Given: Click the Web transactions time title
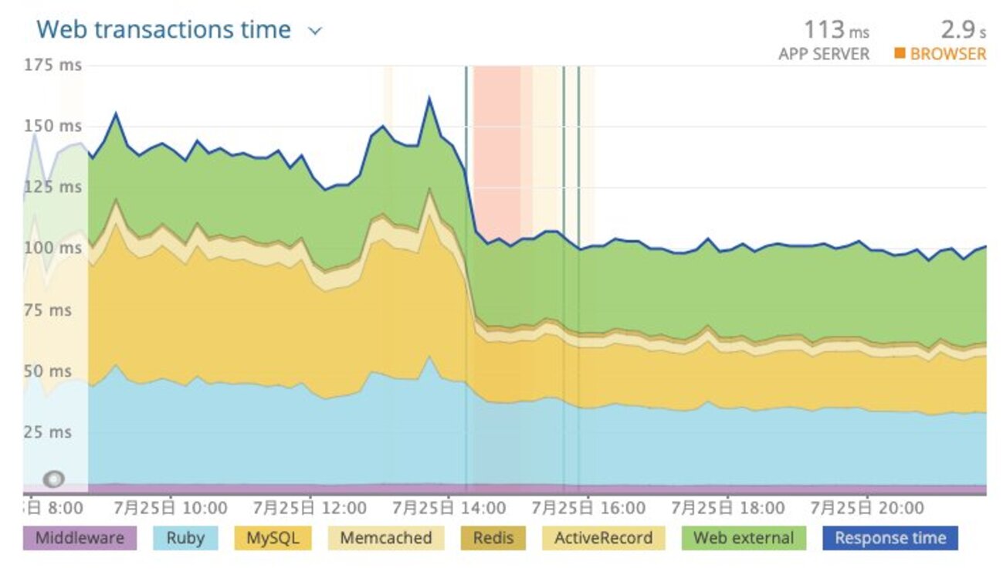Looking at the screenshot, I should tap(164, 30).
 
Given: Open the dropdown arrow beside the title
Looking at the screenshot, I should tap(314, 32).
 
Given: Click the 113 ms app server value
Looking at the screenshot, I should tap(836, 30).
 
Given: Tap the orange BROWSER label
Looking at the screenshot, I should tap(947, 54).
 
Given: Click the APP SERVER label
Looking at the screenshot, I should tap(823, 54).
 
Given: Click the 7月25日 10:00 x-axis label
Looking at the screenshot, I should tap(170, 508).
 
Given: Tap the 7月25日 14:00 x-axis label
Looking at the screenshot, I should tap(449, 508).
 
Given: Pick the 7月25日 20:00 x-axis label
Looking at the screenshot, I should tap(867, 508).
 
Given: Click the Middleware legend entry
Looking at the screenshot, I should tap(80, 538).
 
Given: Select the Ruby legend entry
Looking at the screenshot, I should tap(185, 538).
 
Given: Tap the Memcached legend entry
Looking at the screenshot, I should tap(386, 538).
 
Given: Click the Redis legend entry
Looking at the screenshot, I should tap(493, 538).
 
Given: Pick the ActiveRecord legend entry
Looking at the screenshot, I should tap(603, 538).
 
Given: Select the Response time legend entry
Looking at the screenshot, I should tap(889, 538).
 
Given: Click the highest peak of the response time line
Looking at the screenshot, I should tap(429, 98).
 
